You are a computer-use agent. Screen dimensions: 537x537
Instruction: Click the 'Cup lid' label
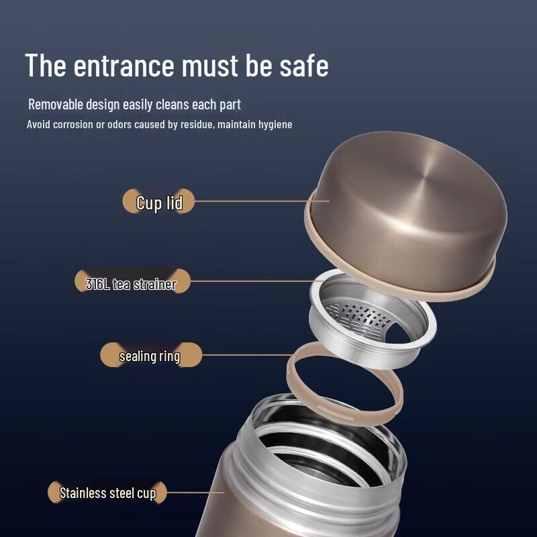tap(159, 201)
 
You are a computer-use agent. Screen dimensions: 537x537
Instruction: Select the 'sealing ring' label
tap(150, 355)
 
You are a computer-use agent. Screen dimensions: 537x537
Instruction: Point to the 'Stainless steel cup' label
tap(107, 493)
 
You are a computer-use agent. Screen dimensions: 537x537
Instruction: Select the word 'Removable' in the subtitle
tap(56, 105)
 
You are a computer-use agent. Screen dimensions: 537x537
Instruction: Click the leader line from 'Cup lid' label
tap(262, 201)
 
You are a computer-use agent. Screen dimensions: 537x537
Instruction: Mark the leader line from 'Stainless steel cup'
tap(195, 493)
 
